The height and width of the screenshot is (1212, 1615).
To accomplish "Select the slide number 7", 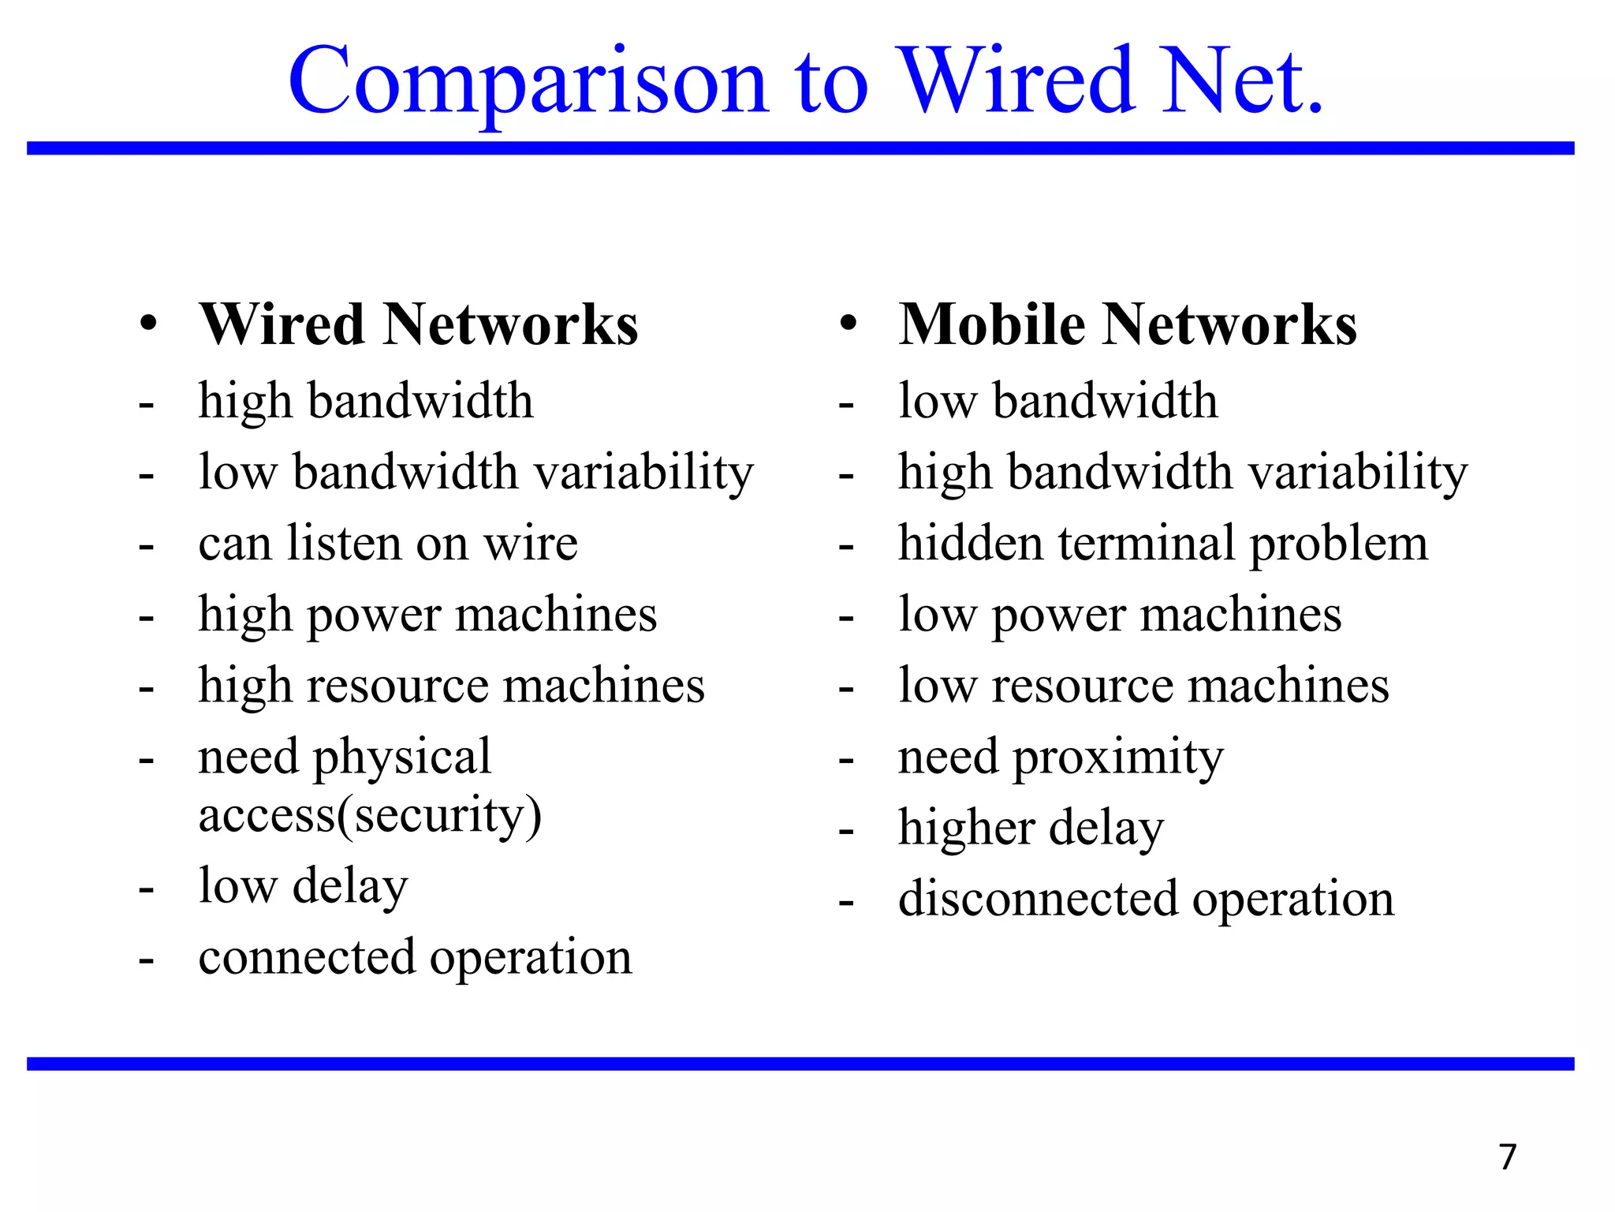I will pos(1507,1157).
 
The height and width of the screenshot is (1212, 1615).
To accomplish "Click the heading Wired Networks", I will pos(418,324).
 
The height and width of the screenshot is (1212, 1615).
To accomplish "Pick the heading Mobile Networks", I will pos(1128,324).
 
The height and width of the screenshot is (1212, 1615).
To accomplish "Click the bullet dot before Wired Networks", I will pos(147,324).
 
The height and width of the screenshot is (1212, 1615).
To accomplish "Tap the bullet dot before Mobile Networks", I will pos(848,324).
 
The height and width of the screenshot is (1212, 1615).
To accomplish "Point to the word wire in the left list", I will pos(531,544).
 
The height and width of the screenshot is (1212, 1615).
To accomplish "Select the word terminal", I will pos(1147,544).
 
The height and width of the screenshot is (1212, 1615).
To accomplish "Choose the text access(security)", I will pos(370,815).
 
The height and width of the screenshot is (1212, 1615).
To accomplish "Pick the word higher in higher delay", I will pos(966,829).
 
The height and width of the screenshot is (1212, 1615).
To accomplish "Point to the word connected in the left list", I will pos(307,957).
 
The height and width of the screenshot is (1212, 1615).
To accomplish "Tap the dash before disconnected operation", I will pos(846,902).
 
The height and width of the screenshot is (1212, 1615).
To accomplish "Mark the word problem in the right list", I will pos(1338,545).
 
